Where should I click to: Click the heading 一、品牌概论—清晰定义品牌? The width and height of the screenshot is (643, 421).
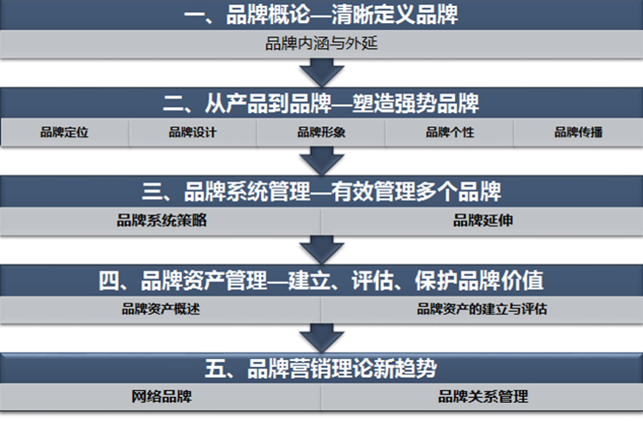321,15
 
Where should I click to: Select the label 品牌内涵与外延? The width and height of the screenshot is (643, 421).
321,43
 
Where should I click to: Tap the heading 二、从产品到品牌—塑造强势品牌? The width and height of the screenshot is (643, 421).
321,104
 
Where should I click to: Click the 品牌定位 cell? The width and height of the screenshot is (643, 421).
64,132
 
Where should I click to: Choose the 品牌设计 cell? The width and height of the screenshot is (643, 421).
192,132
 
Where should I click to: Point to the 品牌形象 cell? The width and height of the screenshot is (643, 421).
321,132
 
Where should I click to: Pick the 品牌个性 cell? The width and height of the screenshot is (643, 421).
450,132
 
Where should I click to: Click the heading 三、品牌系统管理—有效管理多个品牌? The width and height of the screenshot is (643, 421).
321,190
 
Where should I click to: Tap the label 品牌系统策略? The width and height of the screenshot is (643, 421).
161,220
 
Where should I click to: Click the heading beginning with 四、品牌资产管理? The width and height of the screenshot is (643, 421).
321,280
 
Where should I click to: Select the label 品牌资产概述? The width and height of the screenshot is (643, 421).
161,309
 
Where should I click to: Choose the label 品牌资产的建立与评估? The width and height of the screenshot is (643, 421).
482,309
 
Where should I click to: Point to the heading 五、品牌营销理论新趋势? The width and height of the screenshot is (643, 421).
321,369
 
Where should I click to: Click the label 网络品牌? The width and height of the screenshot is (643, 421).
161,397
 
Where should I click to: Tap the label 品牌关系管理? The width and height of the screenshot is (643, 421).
482,397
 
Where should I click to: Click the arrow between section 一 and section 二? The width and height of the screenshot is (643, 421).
321,72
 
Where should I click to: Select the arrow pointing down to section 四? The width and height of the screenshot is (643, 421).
321,249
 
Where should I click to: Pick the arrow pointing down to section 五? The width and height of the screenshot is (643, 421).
321,337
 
